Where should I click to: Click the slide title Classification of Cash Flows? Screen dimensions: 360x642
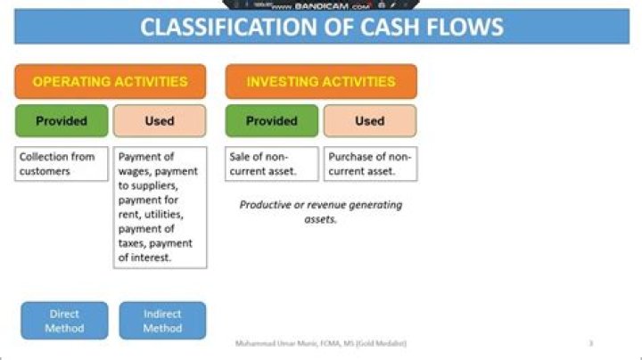click(x=321, y=27)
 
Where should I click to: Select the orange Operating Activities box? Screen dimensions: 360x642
click(x=110, y=81)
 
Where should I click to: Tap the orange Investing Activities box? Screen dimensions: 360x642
click(x=321, y=81)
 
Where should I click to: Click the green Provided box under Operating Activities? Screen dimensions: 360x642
click(x=61, y=120)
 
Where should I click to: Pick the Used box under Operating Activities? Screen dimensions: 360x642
click(x=159, y=120)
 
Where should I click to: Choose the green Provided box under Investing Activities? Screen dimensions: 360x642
click(x=271, y=120)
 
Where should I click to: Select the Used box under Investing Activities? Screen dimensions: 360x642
click(x=369, y=120)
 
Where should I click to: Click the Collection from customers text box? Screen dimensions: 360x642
click(x=61, y=164)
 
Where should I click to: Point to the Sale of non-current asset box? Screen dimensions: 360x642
click(x=271, y=164)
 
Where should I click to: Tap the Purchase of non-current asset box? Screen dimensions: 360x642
click(x=369, y=164)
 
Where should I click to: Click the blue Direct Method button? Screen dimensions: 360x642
click(x=64, y=321)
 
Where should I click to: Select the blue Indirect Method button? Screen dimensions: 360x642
click(x=161, y=321)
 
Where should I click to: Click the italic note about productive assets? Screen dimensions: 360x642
click(x=321, y=211)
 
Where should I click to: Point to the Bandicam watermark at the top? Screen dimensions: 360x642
click(x=321, y=5)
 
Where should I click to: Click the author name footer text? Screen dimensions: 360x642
click(x=321, y=343)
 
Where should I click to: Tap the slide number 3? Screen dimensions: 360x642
click(x=590, y=343)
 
